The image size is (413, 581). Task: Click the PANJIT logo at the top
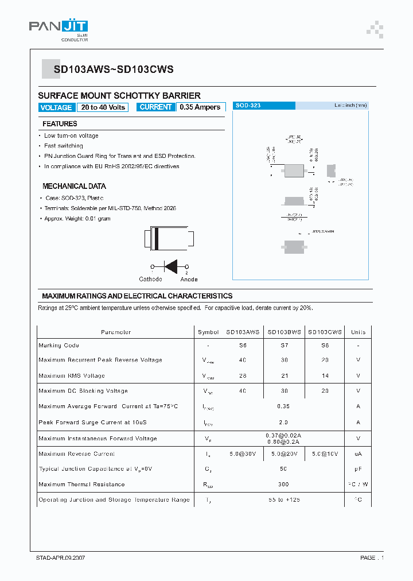pyautogui.click(x=58, y=28)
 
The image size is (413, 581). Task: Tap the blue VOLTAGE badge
pyautogui.click(x=56, y=107)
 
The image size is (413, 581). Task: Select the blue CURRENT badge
pyautogui.click(x=155, y=107)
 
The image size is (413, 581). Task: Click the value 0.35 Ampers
pyautogui.click(x=200, y=107)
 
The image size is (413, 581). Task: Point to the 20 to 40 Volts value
pyautogui.click(x=103, y=107)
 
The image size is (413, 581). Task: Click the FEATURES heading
pyautogui.click(x=60, y=124)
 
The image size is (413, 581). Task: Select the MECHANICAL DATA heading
pyautogui.click(x=74, y=186)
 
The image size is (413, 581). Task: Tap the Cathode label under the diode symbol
pyautogui.click(x=150, y=280)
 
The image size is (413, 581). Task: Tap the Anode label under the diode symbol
pyautogui.click(x=189, y=280)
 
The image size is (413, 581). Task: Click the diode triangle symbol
pyautogui.click(x=170, y=266)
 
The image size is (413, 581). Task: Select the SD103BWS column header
pyautogui.click(x=284, y=332)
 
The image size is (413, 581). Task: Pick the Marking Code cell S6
pyautogui.click(x=243, y=346)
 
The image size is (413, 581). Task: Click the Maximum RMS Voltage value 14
pyautogui.click(x=325, y=375)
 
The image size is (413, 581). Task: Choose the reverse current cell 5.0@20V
pyautogui.click(x=284, y=454)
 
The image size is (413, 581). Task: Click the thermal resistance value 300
pyautogui.click(x=283, y=484)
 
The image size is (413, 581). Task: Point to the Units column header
pyautogui.click(x=358, y=332)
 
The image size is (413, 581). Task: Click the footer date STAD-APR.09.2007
pyautogui.click(x=58, y=558)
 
